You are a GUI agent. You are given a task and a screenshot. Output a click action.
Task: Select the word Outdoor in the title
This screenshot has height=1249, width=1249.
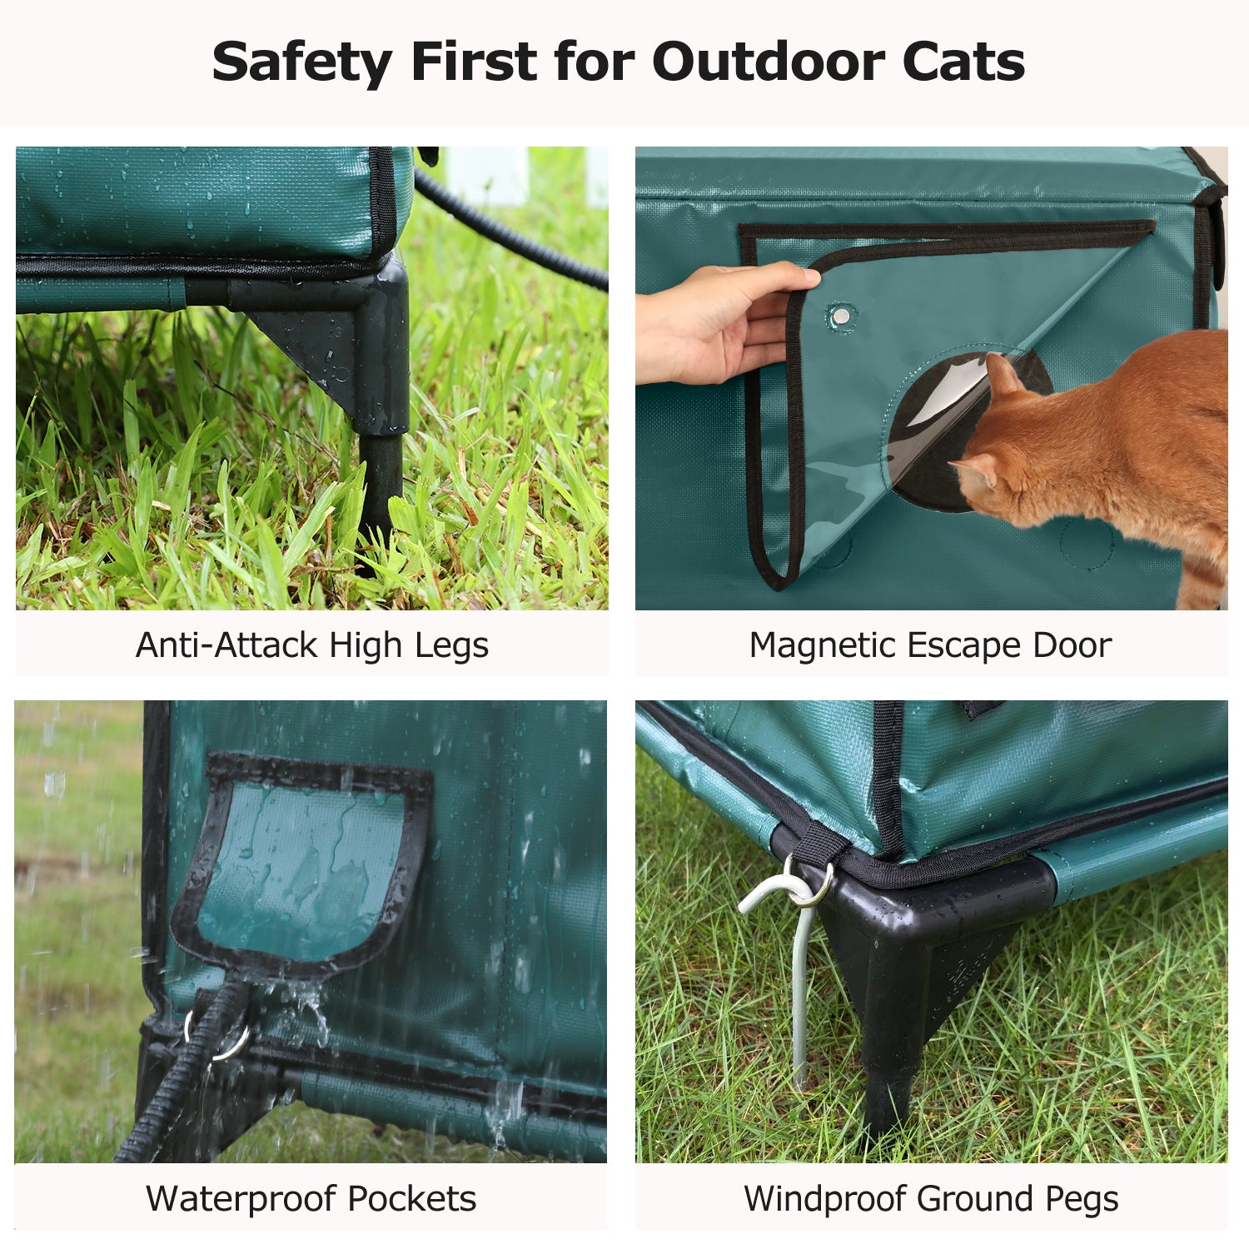pyautogui.click(x=769, y=62)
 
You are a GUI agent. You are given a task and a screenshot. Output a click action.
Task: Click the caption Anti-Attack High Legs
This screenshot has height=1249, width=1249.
pyautogui.click(x=312, y=645)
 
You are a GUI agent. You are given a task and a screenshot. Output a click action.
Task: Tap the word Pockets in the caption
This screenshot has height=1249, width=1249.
pyautogui.click(x=412, y=1199)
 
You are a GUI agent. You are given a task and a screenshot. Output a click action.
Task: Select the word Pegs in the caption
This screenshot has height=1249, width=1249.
pyautogui.click(x=1082, y=1200)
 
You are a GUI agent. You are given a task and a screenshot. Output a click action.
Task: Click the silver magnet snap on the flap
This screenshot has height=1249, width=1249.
pyautogui.click(x=842, y=316)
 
